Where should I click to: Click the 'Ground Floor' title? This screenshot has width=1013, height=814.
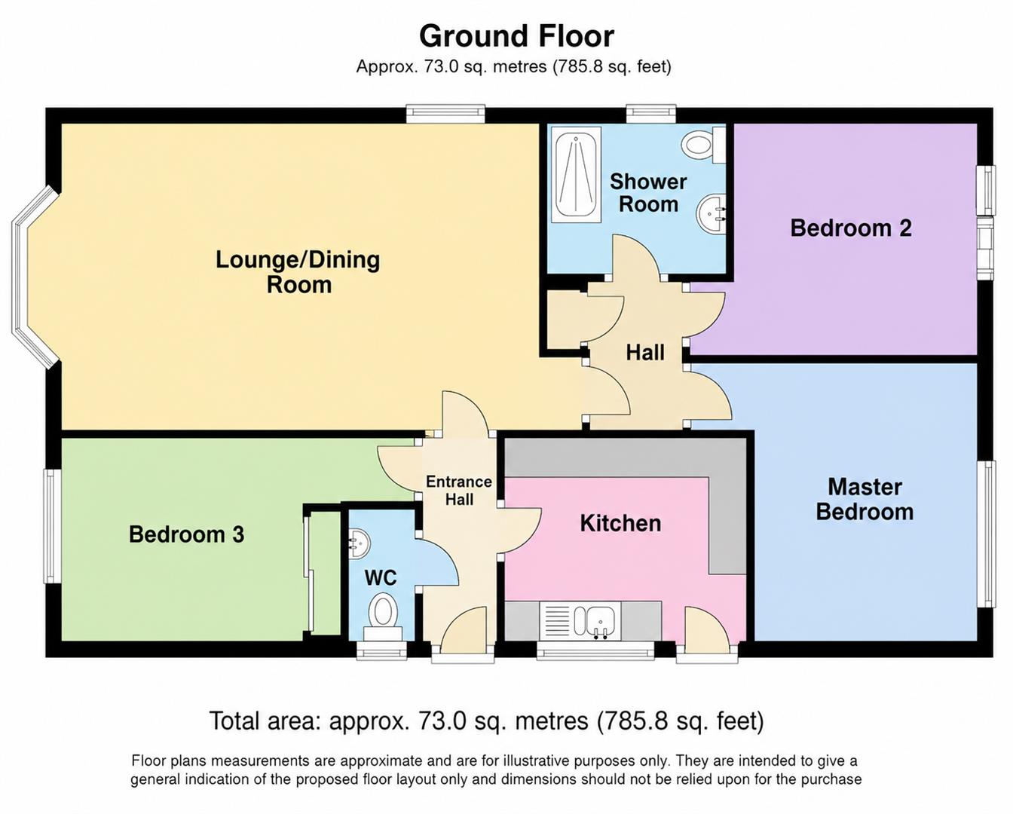516,37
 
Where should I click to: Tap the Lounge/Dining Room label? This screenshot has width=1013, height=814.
298,272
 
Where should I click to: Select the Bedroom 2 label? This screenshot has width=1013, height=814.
851,228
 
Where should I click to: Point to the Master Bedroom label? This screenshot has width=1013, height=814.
865,499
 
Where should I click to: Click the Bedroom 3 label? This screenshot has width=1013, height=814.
186,534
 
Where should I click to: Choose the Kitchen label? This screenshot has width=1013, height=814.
620,523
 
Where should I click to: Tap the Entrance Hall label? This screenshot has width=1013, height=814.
459,491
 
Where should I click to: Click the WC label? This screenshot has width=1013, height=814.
381,577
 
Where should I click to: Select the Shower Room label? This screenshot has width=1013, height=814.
648,193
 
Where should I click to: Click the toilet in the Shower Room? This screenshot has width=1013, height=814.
703,144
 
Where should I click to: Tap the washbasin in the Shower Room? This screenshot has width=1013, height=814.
712,215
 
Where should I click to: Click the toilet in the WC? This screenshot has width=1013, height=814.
383,617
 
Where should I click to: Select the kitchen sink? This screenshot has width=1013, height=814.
599,621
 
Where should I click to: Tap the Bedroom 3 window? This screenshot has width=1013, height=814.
53,526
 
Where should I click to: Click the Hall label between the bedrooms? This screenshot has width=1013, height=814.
645,353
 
